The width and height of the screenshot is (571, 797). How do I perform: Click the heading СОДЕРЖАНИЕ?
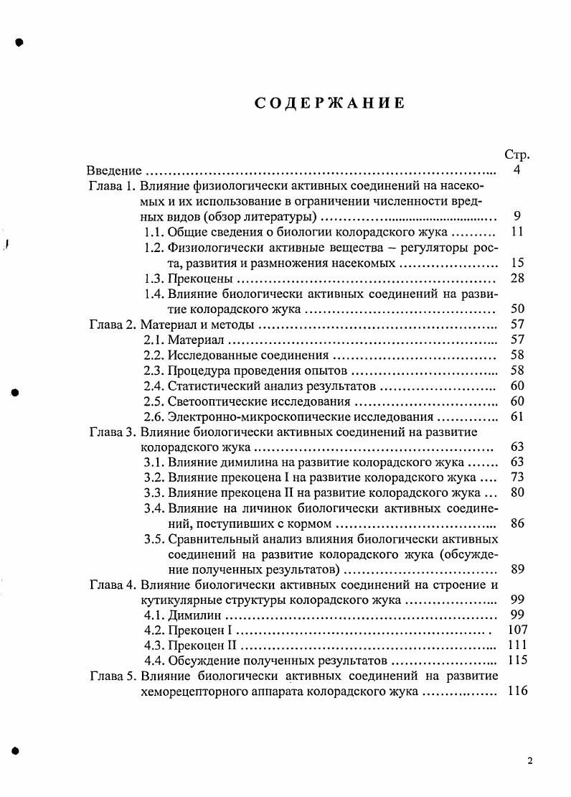[x=330, y=103]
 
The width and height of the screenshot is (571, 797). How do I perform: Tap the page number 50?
[x=517, y=309]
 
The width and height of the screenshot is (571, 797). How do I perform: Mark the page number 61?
[x=517, y=416]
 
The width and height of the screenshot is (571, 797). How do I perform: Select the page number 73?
[x=517, y=477]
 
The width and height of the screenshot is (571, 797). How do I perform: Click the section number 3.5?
[x=154, y=539]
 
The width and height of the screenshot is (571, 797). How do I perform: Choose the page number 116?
[x=516, y=691]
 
